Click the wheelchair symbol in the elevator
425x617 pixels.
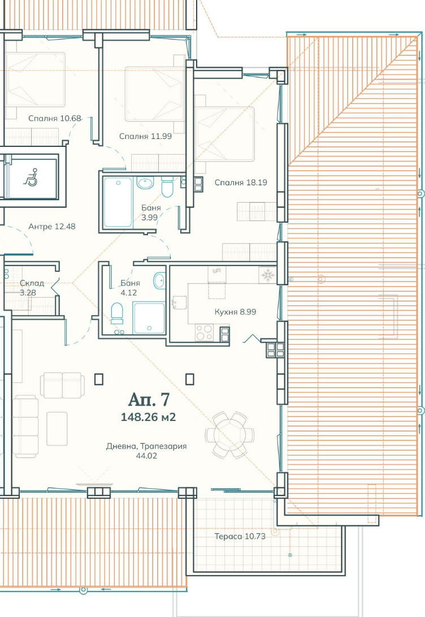[31, 177]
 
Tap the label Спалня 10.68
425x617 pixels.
[55, 118]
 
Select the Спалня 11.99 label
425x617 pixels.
[146, 136]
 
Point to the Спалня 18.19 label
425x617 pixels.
[241, 183]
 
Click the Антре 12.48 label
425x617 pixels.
[52, 226]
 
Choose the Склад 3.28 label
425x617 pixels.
[32, 288]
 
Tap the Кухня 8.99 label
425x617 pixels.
[235, 312]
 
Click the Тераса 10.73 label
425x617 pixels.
[240, 536]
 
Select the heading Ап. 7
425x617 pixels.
[149, 400]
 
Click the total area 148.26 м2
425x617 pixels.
[149, 417]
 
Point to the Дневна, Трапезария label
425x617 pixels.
[146, 446]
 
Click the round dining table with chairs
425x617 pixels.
[229, 435]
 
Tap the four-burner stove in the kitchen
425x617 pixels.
[204, 332]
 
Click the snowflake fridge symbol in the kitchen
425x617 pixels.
[268, 275]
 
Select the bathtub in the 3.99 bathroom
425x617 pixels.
[118, 202]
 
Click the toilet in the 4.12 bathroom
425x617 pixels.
[117, 313]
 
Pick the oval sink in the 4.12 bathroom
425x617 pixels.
[159, 281]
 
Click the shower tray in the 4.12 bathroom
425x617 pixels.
[149, 318]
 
